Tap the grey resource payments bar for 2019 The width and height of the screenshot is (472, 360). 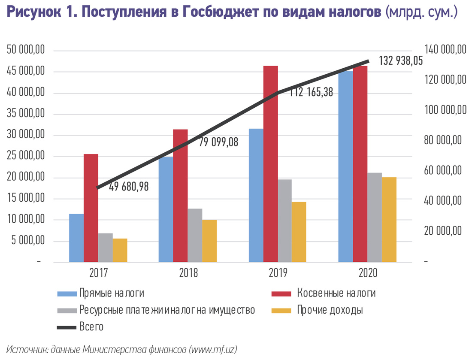(x=284, y=221)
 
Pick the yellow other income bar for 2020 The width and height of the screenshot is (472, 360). (x=389, y=219)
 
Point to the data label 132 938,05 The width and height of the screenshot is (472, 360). (x=401, y=61)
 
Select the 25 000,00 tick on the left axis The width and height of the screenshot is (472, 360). (x=26, y=156)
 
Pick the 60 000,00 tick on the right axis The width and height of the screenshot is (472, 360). (x=445, y=170)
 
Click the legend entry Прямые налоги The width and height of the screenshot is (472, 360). (x=111, y=293)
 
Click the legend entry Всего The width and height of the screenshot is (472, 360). (x=91, y=327)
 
